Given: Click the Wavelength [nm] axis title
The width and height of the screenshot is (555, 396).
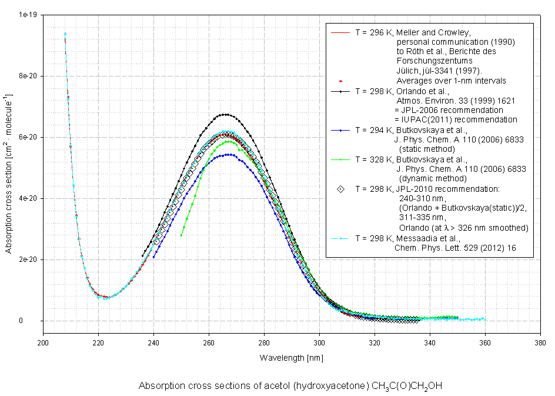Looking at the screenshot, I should [x=292, y=358].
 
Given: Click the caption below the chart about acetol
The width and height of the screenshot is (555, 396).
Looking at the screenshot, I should [x=290, y=386].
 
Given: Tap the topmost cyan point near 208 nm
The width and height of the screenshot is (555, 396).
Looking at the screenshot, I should [x=65, y=34].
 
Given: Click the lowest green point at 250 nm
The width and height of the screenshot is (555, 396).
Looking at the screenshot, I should [x=181, y=235].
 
